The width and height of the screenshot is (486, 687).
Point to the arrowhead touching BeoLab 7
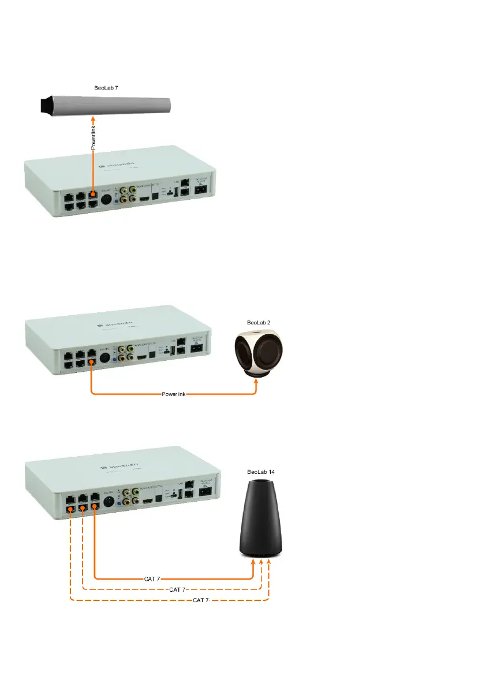coord(94,119)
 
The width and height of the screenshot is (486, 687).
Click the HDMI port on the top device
coord(145,197)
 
